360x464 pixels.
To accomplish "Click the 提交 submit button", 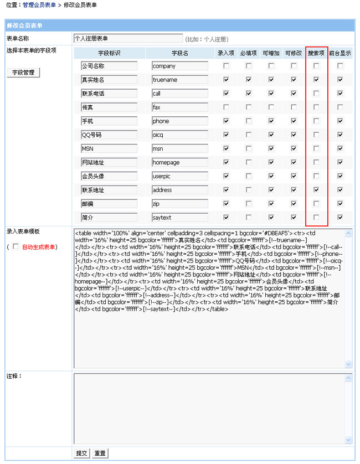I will [81, 453].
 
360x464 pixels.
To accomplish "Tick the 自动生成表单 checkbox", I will [16, 246].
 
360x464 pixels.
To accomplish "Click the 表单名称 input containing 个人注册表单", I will [128, 39].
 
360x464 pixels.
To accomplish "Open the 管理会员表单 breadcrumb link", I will [39, 4].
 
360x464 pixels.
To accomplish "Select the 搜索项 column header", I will [316, 53].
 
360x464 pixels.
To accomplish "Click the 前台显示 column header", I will [340, 53].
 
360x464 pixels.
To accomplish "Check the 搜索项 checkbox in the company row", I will [316, 66].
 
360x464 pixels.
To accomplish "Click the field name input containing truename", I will [180, 80].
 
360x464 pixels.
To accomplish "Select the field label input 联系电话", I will [109, 94].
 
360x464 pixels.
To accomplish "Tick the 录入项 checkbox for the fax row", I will [226, 107].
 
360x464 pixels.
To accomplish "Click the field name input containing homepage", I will [180, 162].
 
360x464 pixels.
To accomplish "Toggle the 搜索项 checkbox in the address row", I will [316, 190].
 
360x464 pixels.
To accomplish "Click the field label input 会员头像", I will [109, 176].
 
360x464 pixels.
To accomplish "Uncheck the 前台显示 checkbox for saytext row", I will [340, 218].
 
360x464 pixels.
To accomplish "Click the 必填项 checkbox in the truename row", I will [249, 80].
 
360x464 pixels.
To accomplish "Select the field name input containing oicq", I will [180, 135].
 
